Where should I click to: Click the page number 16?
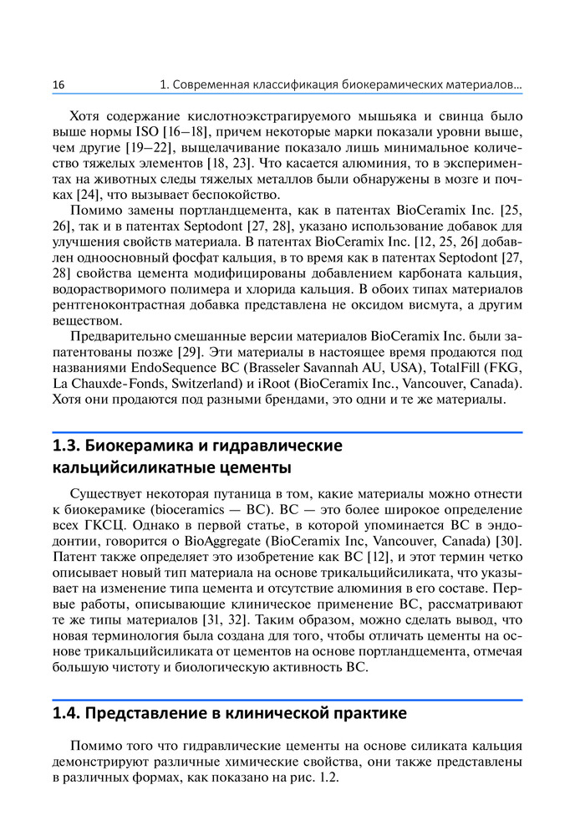coord(59,85)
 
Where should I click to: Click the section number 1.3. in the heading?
coord(68,446)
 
